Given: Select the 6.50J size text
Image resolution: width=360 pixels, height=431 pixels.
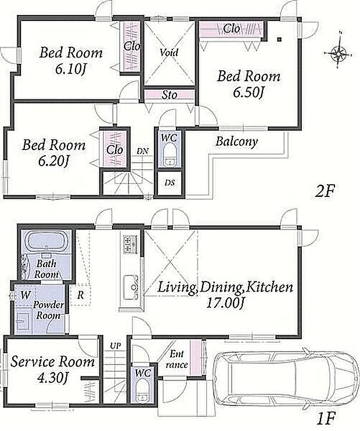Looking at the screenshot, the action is tap(249, 93).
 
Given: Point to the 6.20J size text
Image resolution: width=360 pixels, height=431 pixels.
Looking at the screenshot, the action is tap(53, 161).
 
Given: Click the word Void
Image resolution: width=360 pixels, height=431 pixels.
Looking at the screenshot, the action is tap(169, 52).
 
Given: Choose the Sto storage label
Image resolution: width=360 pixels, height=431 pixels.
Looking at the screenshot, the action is tap(169, 95).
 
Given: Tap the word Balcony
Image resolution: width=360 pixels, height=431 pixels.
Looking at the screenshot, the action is tap(236, 142).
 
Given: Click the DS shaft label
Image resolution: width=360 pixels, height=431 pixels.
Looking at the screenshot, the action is tap(170, 183).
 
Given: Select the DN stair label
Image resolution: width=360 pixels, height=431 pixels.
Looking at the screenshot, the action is tap(142, 150).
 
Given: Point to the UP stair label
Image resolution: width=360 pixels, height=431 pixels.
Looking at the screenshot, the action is tap(116, 346).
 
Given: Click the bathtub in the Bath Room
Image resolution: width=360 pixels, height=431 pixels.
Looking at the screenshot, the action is tap(46, 241).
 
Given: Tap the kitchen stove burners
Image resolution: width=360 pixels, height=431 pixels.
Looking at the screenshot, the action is tap(131, 245).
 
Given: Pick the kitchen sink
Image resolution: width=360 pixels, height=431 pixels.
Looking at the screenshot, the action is tap(131, 288).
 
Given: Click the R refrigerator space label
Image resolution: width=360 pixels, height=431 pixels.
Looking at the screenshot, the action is tap(80, 295).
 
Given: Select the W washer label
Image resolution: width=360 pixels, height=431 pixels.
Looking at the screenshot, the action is tap(26, 295).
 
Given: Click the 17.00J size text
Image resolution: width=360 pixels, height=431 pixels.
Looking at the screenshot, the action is tap(225, 303).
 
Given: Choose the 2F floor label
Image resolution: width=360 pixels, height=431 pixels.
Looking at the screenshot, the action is tap(324, 191).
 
